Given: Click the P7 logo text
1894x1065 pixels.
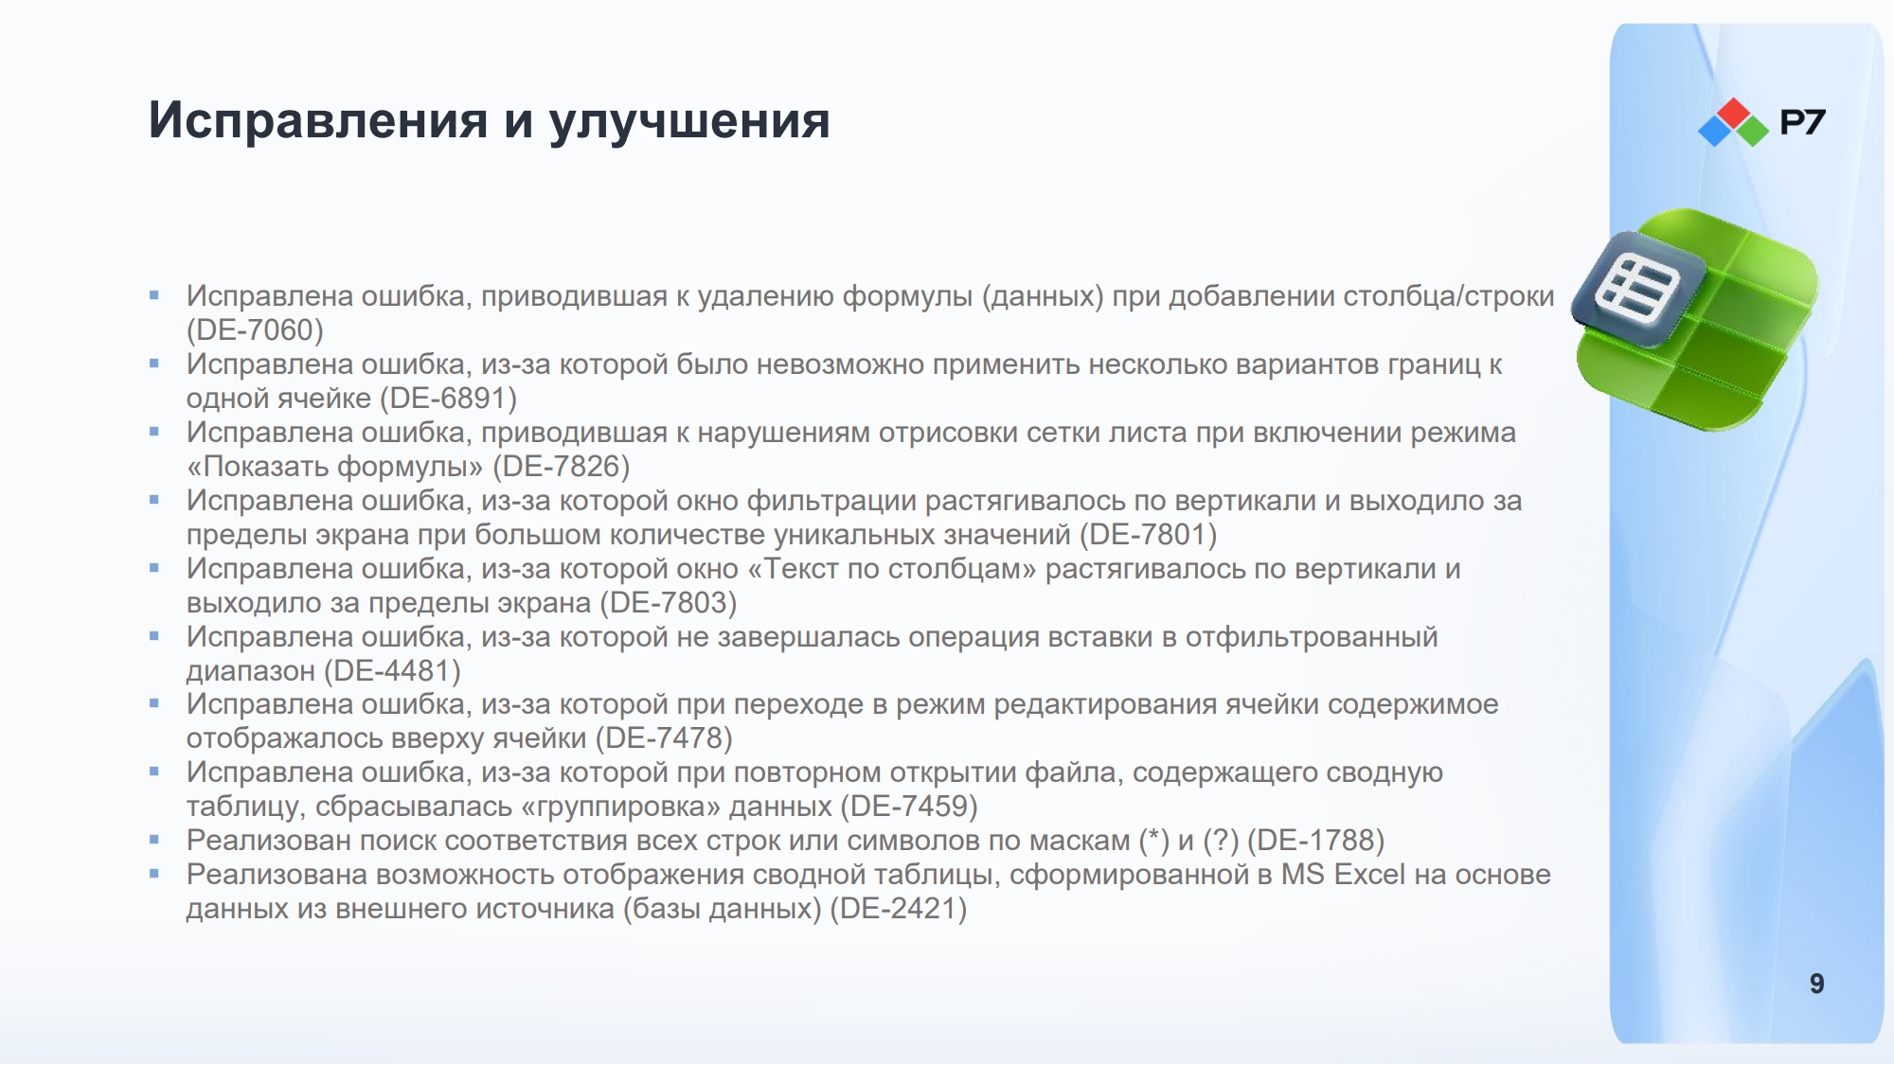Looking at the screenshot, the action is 1802,122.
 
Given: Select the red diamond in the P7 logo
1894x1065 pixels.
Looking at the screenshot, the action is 1734,113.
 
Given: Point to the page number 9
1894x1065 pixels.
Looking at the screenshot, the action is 1816,984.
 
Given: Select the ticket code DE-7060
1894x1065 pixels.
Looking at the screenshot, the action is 255,330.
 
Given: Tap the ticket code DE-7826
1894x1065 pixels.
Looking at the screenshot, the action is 562,467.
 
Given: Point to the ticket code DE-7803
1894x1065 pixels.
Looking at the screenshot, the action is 669,603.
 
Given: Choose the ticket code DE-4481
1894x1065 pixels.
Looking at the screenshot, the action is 392,671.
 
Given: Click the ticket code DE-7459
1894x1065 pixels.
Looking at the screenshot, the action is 909,807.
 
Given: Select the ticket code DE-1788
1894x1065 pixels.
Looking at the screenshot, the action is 1316,841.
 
